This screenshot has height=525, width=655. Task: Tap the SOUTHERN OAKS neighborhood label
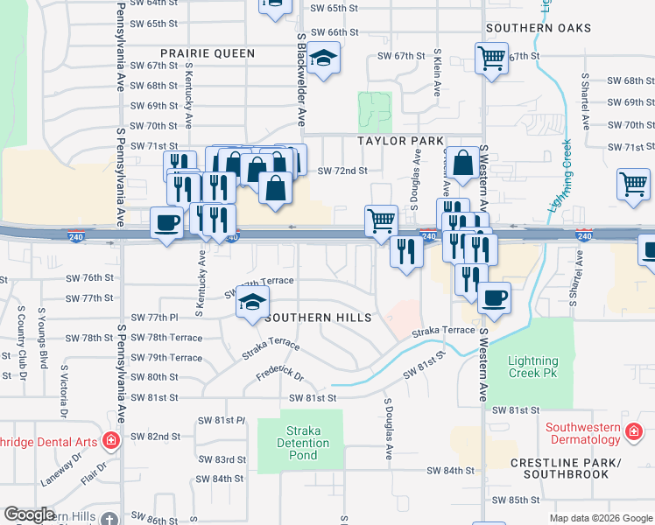click(539, 28)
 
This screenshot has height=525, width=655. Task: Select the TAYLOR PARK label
click(400, 140)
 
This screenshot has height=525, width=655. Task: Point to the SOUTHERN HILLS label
click(320, 317)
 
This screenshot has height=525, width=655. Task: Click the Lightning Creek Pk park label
click(533, 367)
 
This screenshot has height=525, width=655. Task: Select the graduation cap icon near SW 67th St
click(324, 59)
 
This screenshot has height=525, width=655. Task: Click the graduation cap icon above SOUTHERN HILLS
click(251, 302)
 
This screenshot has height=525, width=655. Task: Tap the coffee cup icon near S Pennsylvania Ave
click(166, 222)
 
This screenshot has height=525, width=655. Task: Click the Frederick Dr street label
click(279, 378)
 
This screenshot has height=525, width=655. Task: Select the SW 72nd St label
click(342, 171)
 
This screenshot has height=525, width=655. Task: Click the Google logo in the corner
click(30, 514)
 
